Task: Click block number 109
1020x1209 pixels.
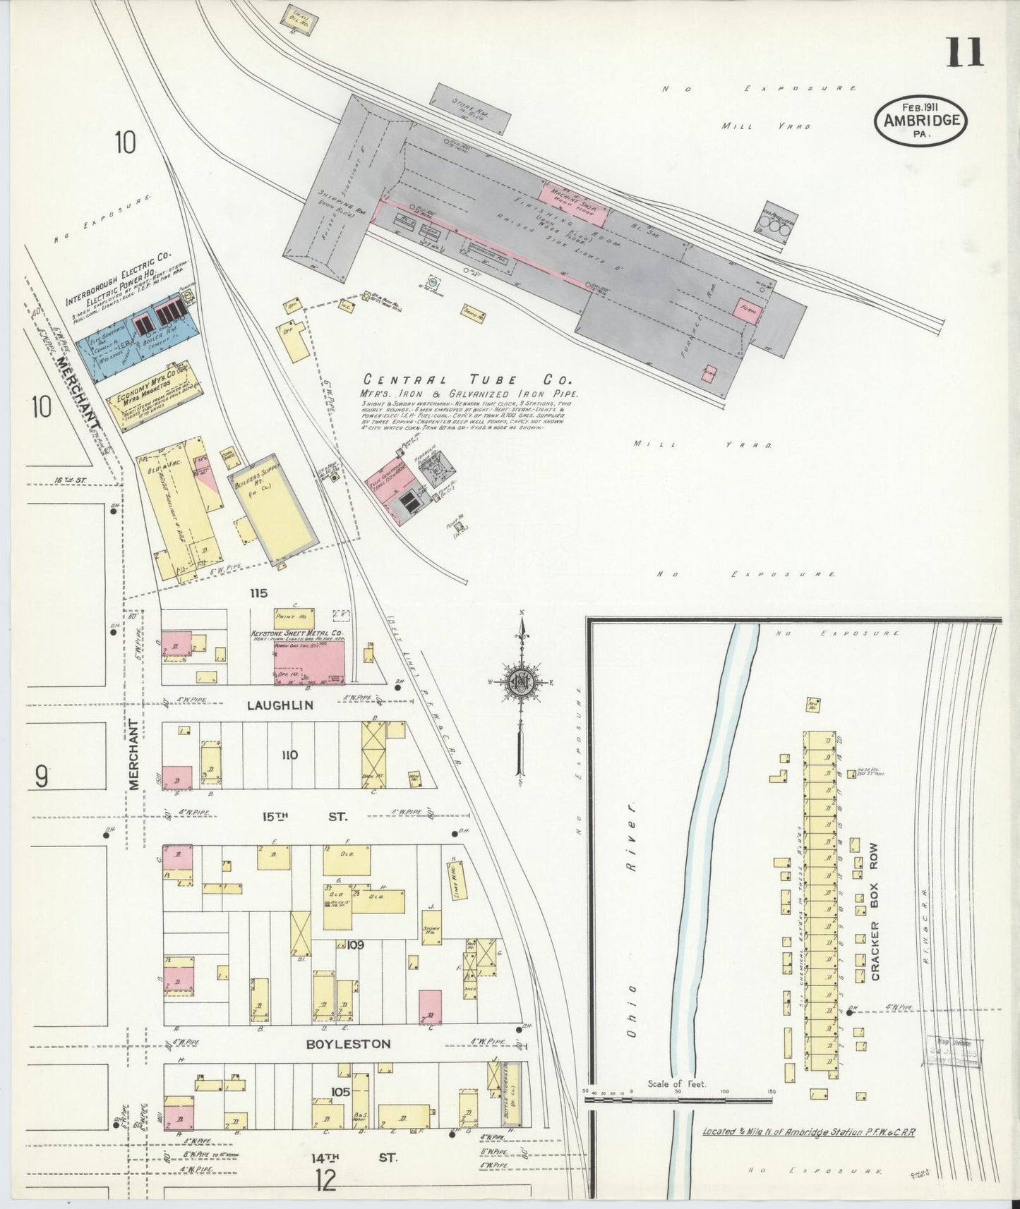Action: pos(354,944)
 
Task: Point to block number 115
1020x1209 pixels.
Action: pos(258,593)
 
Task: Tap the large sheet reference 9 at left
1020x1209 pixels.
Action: pos(42,777)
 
